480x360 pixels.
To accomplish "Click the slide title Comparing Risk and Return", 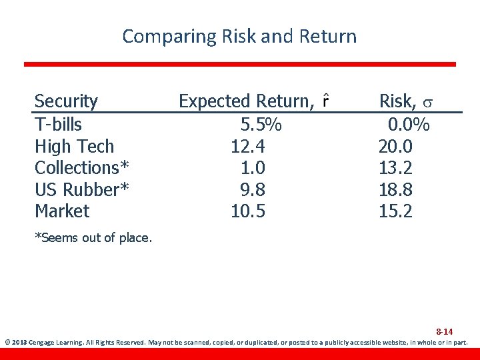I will pos(239,36).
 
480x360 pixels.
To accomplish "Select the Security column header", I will pos(66,101).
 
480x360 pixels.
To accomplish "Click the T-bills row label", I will pos(58,124).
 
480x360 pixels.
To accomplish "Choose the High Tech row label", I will pos(74,146).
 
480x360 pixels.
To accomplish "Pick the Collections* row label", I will pos(82,167).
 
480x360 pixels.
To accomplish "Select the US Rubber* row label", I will pos(81,189).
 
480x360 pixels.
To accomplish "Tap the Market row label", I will pos(61,211).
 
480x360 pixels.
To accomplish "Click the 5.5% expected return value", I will pos(261,124).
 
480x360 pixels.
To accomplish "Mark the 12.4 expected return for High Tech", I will pos(248,146).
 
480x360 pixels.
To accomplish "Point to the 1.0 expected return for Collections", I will pos(253,167).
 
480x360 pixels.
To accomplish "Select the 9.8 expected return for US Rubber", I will pos(253,189).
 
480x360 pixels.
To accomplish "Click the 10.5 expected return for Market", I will pos(248,211).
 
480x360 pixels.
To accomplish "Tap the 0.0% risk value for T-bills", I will pos(409,124).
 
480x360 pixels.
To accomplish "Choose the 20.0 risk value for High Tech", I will pos(395,146).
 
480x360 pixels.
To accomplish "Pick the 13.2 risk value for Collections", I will pos(395,167).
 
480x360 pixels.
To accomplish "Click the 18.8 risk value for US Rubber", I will pos(395,189).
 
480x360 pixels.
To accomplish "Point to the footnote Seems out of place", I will pos(93,237).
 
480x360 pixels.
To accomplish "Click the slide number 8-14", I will pos(445,331).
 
